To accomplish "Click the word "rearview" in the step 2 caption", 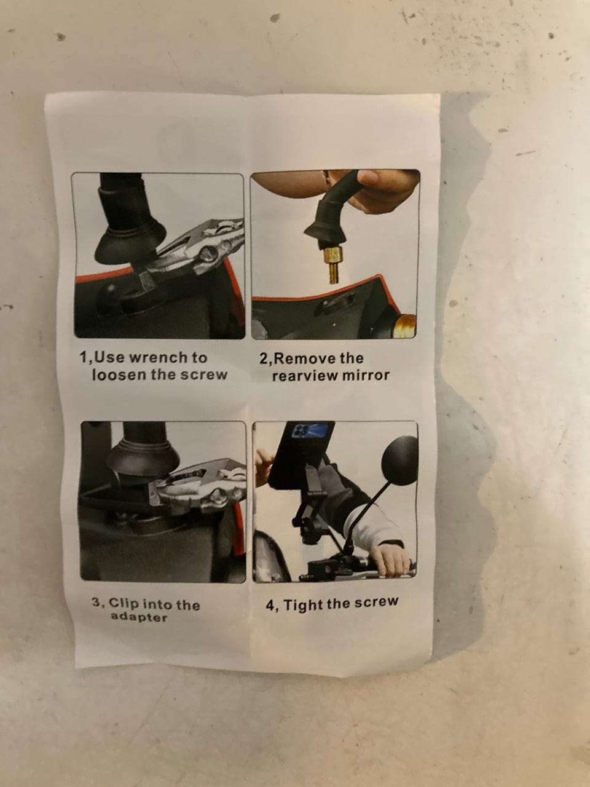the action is [x=304, y=376].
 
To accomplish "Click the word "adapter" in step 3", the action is [x=139, y=617].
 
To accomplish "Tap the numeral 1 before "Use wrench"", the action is [x=83, y=357].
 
